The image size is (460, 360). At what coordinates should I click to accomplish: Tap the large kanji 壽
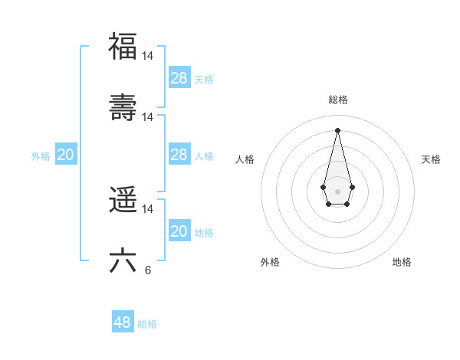tap(123, 106)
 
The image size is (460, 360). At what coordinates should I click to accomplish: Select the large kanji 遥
tap(123, 200)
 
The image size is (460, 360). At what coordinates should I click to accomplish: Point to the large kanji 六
tap(123, 260)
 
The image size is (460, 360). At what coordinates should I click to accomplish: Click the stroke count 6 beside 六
tap(148, 270)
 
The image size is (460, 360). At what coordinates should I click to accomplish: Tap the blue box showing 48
tap(123, 322)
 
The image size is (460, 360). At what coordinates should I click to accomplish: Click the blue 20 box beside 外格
tap(66, 155)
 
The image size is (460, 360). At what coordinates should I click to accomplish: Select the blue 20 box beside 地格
tap(179, 231)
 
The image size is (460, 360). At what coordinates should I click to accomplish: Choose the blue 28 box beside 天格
tap(179, 77)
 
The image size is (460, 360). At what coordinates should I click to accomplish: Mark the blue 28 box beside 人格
tap(179, 155)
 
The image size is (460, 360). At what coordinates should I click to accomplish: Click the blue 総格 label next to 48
tap(147, 324)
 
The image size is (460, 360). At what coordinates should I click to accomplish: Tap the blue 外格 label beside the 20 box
tap(41, 156)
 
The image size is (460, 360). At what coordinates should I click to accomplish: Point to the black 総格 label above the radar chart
tap(338, 100)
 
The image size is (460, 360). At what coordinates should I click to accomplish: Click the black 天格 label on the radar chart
tap(432, 159)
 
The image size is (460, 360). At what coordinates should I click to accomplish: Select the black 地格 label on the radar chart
tap(402, 262)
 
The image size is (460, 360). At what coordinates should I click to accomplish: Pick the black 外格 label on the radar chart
tap(271, 262)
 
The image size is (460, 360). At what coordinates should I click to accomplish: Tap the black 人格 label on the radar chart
tap(245, 159)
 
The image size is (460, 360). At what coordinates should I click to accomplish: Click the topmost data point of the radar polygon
tap(337, 129)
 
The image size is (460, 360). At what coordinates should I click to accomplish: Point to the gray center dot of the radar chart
tap(337, 191)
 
